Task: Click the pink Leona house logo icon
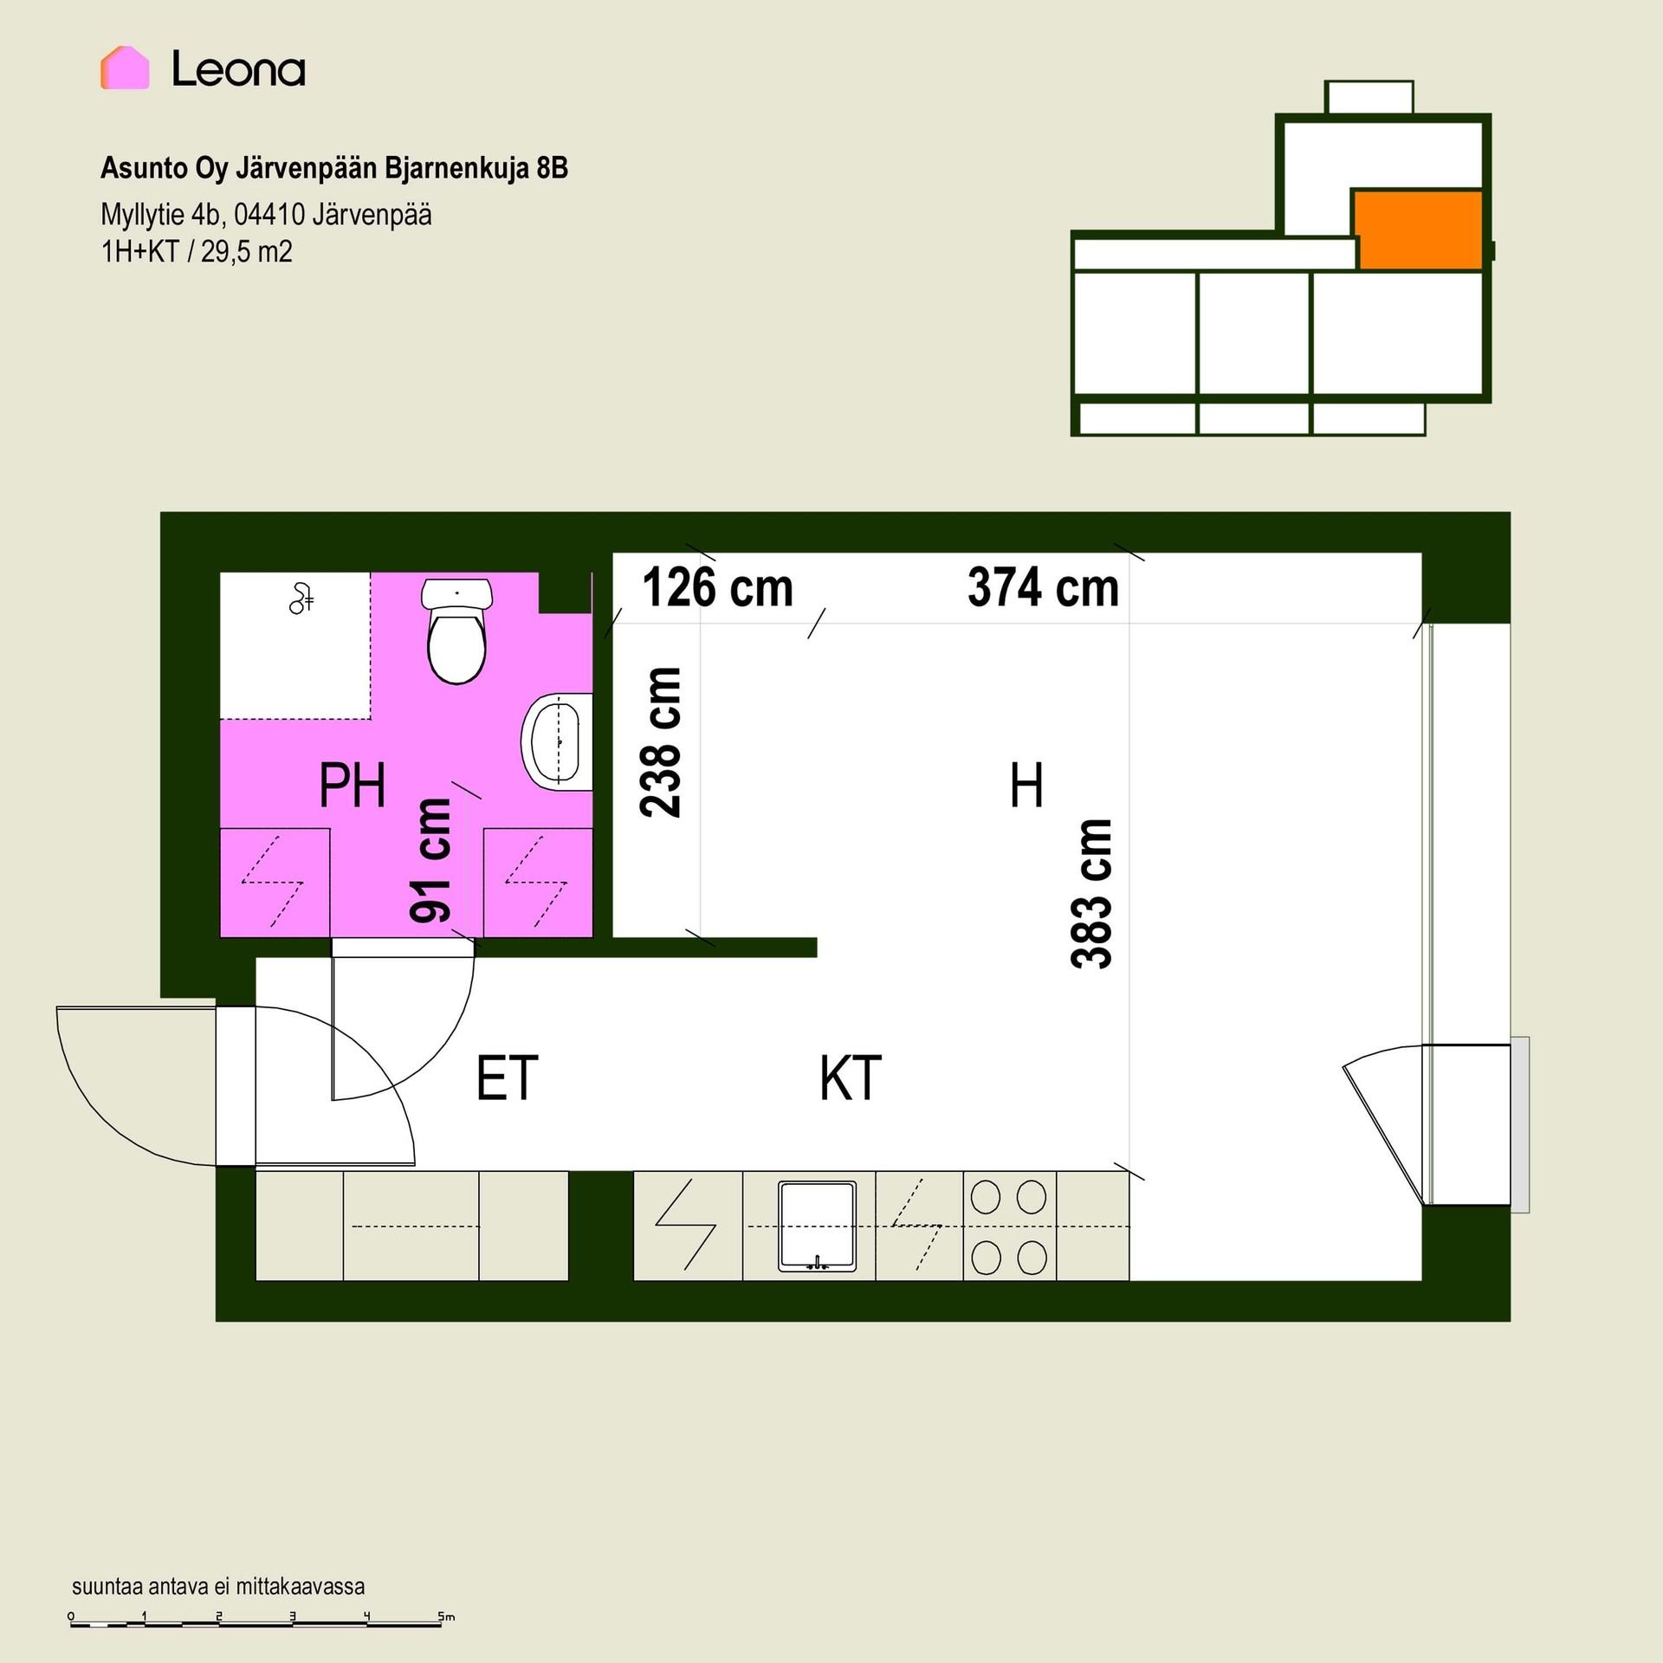pos(125,68)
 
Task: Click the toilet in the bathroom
pos(456,631)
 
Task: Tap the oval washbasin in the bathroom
pos(557,741)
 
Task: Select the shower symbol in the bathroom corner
pos(301,599)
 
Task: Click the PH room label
pos(352,785)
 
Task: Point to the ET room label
pos(507,1077)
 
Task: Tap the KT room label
pos(850,1077)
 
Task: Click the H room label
pos(1026,785)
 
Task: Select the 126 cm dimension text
pos(717,587)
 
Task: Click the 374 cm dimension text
pos(1043,587)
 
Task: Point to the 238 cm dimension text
pos(661,742)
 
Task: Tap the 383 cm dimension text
pos(1091,893)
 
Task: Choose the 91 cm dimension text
pos(430,860)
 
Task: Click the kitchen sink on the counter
pos(817,1226)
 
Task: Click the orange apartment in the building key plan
pos(1418,230)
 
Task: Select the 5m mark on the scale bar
pos(446,1616)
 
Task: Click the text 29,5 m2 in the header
pos(247,252)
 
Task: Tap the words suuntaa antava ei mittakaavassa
pos(218,1586)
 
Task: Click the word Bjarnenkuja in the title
pos(456,168)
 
